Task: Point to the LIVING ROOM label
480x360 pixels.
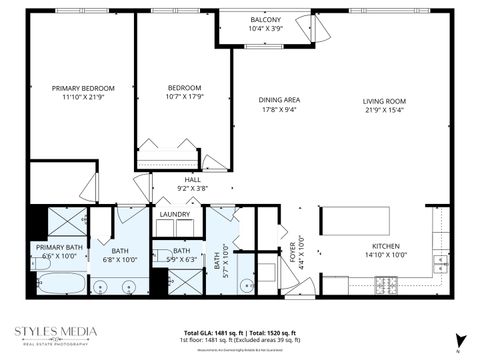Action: (383, 100)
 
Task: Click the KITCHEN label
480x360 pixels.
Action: (386, 246)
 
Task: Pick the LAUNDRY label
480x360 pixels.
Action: (174, 214)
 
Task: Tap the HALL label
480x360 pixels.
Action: (191, 179)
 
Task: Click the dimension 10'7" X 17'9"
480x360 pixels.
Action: (185, 98)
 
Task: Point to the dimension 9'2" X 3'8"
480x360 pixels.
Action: (191, 188)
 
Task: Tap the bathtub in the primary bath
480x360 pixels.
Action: (56, 283)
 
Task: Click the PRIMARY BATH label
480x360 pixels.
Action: (59, 247)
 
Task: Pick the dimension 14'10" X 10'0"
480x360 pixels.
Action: (386, 255)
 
